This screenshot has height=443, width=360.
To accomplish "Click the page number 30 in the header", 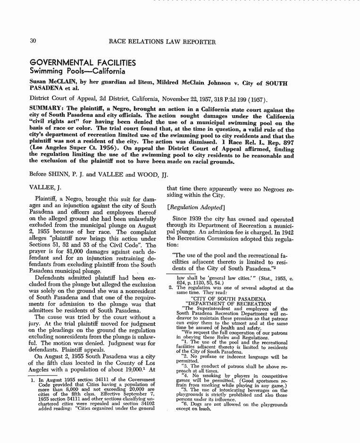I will click(x=33, y=41).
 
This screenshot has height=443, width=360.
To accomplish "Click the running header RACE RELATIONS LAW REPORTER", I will click(x=162, y=42).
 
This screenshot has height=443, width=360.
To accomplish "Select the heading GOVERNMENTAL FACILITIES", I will click(x=83, y=63).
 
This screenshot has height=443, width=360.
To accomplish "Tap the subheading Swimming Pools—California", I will click(x=77, y=72).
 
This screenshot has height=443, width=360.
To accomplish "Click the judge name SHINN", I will click(x=60, y=173).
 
